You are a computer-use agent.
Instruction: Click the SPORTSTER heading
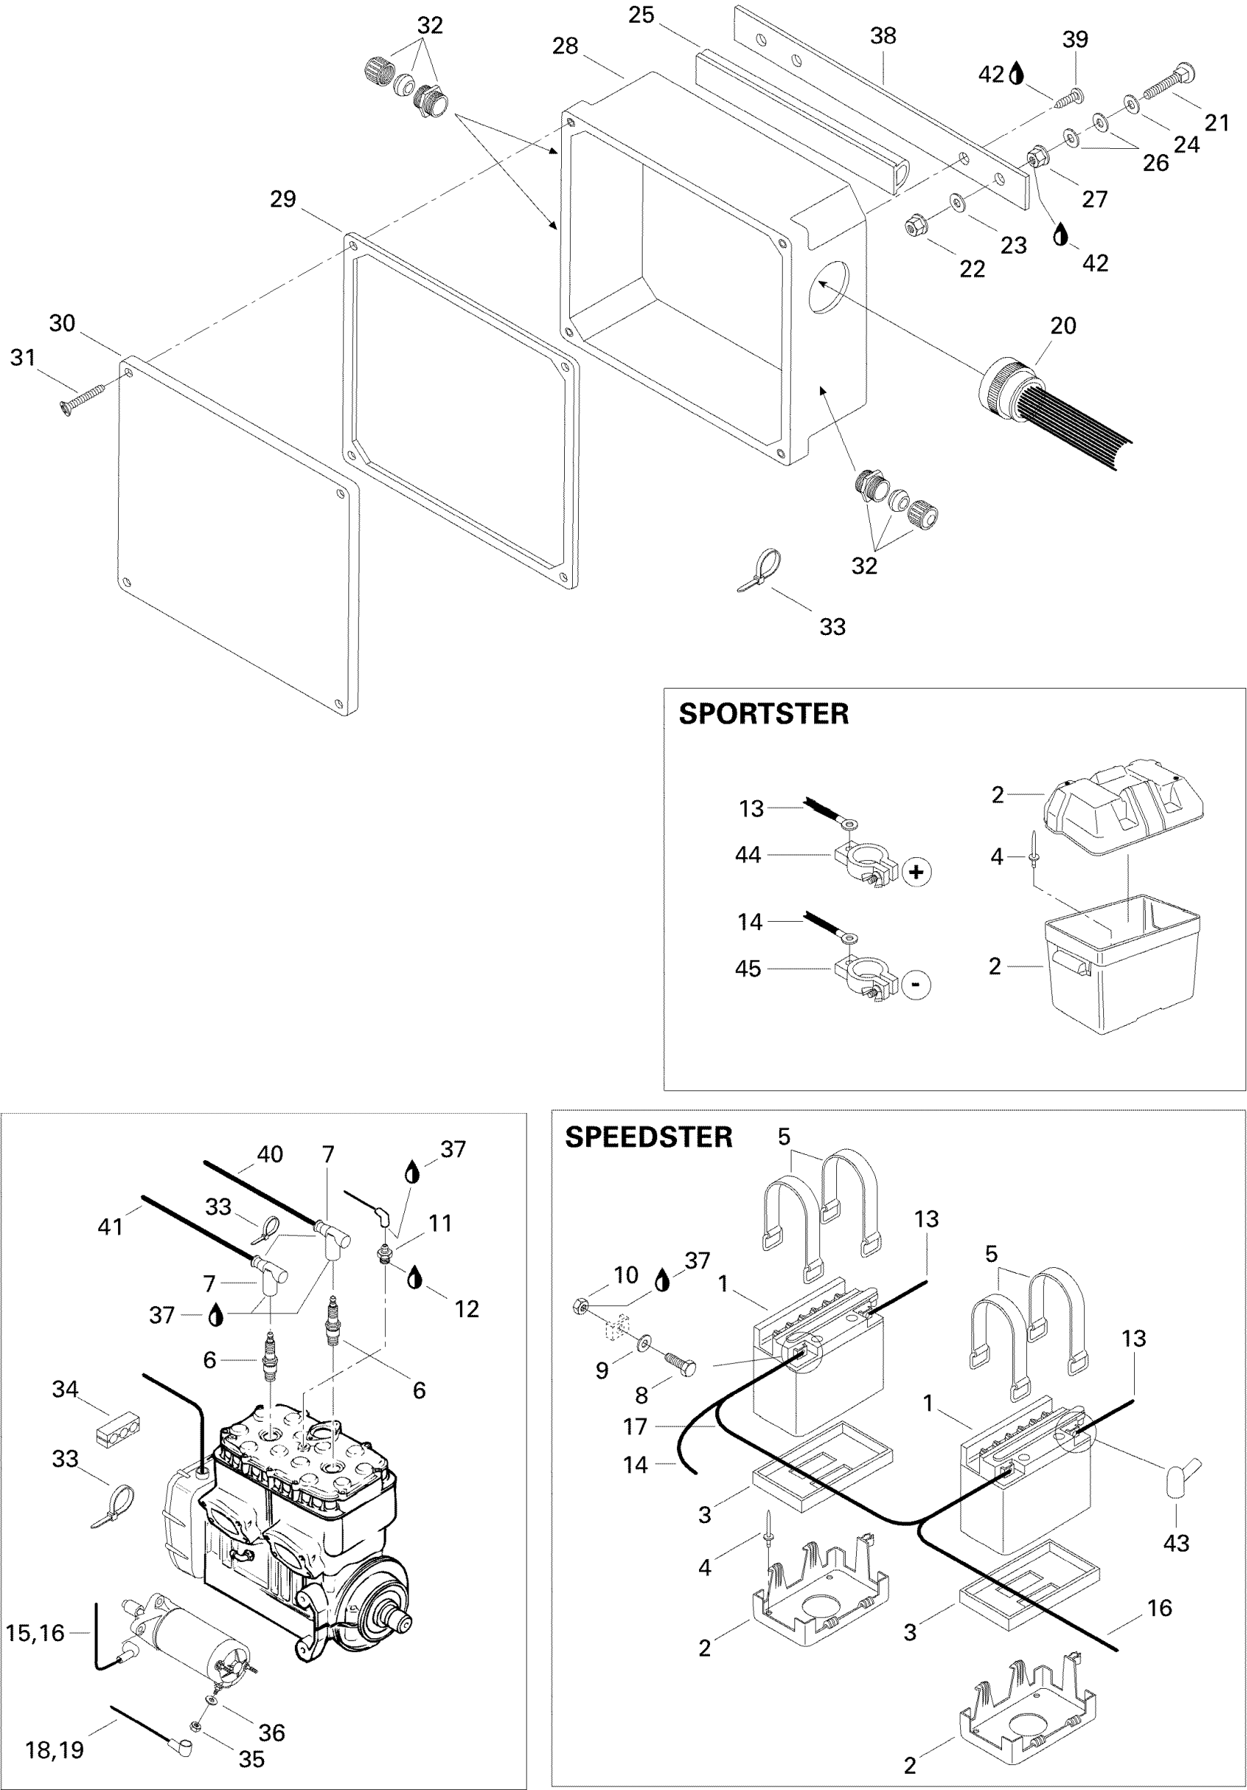pos(763,714)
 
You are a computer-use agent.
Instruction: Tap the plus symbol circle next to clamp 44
pos(916,872)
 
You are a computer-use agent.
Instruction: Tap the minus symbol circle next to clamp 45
pos(915,984)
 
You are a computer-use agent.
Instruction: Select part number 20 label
pos(1063,325)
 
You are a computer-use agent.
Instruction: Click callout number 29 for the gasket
pos(283,199)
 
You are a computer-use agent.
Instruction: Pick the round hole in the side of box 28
pos(829,286)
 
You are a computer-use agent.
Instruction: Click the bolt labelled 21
pos(1169,84)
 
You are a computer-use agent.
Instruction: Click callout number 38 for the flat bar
pos(883,36)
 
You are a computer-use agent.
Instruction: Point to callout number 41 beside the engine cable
pos(110,1226)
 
